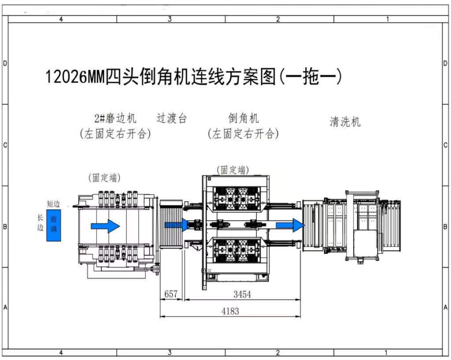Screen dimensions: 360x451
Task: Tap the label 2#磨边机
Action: tap(115, 118)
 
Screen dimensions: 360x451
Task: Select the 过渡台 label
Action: tap(172, 118)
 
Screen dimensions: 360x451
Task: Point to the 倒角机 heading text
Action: tap(244, 118)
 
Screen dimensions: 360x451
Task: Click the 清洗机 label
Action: tap(345, 122)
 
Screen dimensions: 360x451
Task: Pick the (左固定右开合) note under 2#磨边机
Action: tap(115, 134)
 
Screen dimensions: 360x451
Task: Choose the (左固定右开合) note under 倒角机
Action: tap(244, 134)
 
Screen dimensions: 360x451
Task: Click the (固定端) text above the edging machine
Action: tap(104, 178)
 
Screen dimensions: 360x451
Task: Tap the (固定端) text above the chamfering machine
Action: tap(233, 170)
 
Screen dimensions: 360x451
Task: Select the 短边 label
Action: tap(53, 204)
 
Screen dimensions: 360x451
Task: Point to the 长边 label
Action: tap(41, 223)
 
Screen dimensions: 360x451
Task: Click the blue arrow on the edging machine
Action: tap(105, 226)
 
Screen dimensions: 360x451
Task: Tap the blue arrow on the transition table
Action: tap(177, 225)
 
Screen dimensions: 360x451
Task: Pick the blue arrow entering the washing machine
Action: tap(290, 225)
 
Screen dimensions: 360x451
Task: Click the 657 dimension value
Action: tap(171, 294)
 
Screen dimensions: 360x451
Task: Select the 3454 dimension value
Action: tap(242, 294)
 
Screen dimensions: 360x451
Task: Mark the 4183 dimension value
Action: tap(230, 311)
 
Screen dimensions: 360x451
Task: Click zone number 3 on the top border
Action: tap(170, 19)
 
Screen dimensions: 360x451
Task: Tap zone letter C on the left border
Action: tap(5, 145)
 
